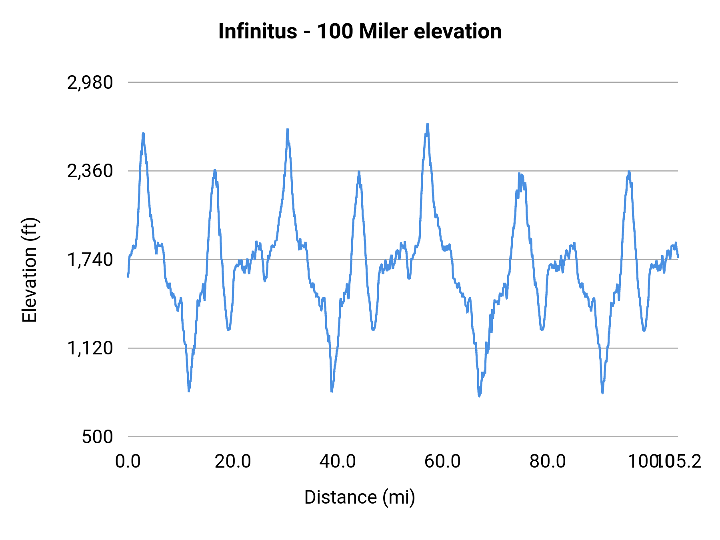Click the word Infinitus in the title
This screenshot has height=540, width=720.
pos(258,32)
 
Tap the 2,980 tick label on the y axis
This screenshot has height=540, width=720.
pos(90,83)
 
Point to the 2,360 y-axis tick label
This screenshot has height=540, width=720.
pos(90,171)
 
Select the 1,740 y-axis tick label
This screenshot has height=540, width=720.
pos(90,260)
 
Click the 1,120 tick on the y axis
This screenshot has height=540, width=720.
pos(90,348)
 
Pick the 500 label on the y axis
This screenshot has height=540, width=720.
pos(98,437)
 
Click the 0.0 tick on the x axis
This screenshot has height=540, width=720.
pos(128,462)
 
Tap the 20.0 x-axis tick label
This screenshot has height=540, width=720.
pos(233,462)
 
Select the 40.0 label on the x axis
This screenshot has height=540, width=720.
pos(338,462)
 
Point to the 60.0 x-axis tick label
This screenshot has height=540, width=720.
pos(442,462)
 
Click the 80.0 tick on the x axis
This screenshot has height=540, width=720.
pos(548,462)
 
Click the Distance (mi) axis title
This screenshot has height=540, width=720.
pos(360,497)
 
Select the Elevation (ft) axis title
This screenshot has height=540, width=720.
pos(30,270)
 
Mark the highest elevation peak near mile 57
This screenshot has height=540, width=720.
pos(428,124)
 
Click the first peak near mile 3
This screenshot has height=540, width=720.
pos(143,134)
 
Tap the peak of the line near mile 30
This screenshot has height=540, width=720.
pos(287,130)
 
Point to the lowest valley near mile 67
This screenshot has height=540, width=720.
pos(479,395)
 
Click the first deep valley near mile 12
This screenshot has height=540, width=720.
pos(189,390)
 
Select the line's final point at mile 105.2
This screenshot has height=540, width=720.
pos(678,257)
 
